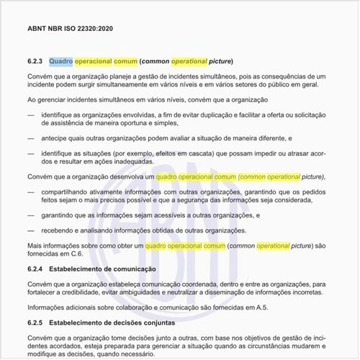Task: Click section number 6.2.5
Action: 36,323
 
